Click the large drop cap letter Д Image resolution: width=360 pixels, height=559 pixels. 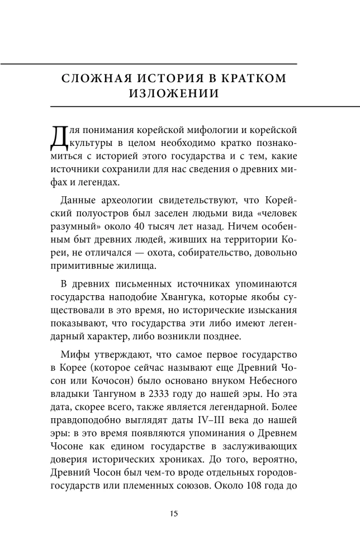click(59, 138)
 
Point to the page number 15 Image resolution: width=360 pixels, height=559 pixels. click(174, 513)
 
